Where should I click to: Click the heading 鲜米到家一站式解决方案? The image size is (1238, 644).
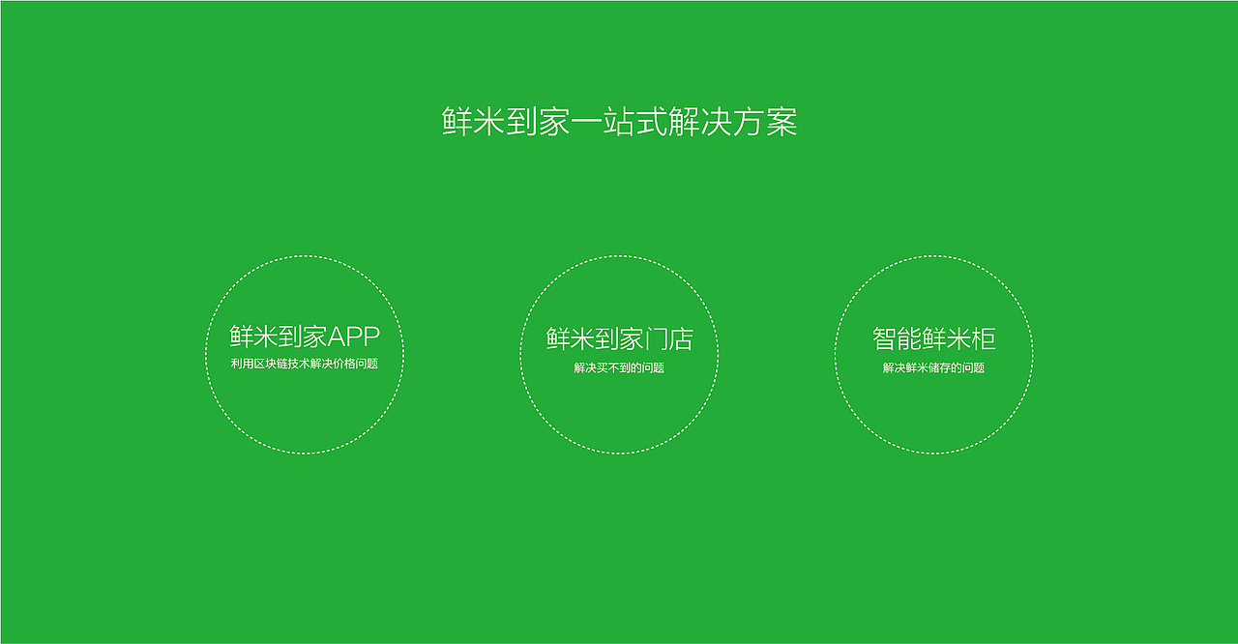[x=619, y=123]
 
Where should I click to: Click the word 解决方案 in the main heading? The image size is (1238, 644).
[x=732, y=123]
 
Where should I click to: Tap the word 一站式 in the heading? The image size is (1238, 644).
[x=619, y=123]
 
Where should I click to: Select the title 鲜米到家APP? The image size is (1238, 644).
[x=305, y=337]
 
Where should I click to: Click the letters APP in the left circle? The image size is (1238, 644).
[x=354, y=337]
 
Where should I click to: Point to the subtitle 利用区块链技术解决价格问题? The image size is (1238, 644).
[x=305, y=365]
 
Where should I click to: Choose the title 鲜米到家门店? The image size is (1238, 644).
[x=619, y=338]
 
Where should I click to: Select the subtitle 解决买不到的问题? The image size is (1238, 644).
[x=619, y=367]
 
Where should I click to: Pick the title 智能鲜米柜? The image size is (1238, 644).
[x=933, y=338]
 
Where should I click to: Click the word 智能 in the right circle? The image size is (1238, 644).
[x=897, y=338]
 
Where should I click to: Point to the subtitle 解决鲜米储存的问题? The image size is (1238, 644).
[x=933, y=367]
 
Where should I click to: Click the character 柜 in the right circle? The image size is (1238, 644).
[x=984, y=338]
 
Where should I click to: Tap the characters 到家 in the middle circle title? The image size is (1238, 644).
[x=619, y=338]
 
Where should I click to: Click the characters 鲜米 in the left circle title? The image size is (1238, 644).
[x=253, y=337]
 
